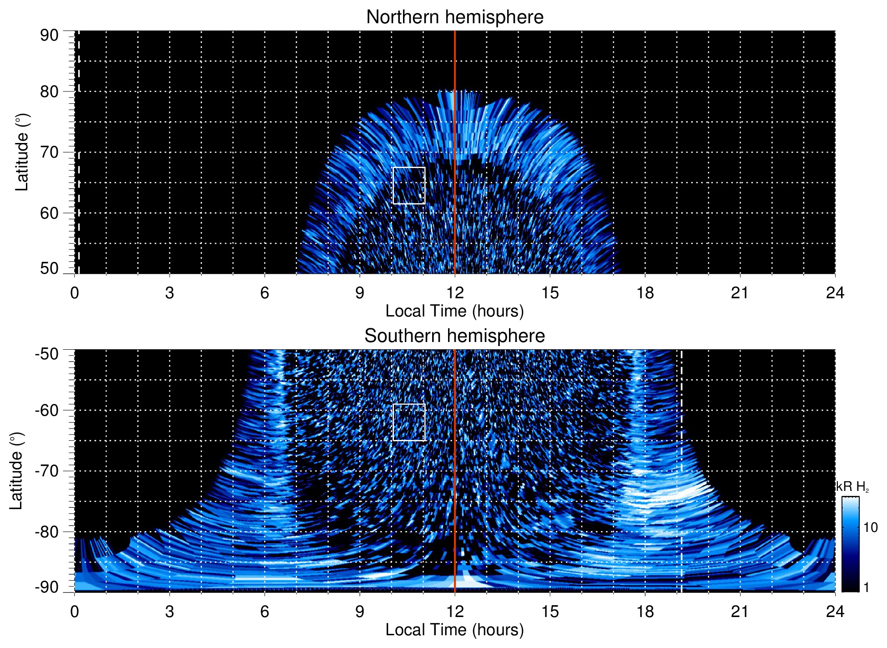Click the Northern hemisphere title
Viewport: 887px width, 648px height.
[x=454, y=17]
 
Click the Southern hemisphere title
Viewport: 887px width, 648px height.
[x=454, y=336]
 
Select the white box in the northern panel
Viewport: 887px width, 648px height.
[x=408, y=185]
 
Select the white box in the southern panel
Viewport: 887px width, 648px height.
[x=408, y=422]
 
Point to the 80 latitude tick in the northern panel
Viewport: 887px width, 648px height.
[x=50, y=92]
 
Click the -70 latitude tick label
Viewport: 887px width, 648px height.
[x=47, y=471]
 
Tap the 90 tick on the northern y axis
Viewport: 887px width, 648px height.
[x=50, y=35]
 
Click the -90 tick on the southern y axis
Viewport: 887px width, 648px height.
[x=47, y=587]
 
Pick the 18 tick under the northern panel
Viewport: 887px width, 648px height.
[x=645, y=293]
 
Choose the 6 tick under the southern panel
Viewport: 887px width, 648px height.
[x=265, y=612]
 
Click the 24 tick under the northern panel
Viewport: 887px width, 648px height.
[x=835, y=293]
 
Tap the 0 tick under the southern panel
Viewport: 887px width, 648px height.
[x=75, y=612]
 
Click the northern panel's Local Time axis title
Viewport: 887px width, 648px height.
[x=454, y=311]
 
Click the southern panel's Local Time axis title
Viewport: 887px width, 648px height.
[x=454, y=630]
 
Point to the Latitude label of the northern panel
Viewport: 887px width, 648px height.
[x=21, y=152]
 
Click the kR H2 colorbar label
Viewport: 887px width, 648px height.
[x=852, y=487]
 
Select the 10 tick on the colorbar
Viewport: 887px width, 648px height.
[x=870, y=527]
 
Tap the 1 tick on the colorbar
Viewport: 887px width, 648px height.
[x=866, y=587]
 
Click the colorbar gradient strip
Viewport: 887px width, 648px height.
[x=850, y=544]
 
